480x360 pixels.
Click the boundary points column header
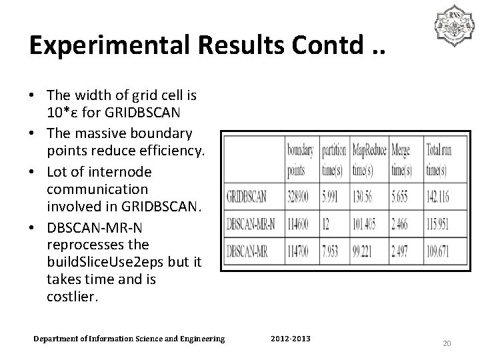coord(301,161)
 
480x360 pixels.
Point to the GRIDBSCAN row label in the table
coord(251,197)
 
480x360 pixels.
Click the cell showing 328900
coord(301,197)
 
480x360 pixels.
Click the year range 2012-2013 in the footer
coord(291,339)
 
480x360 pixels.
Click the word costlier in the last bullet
coord(72,297)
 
